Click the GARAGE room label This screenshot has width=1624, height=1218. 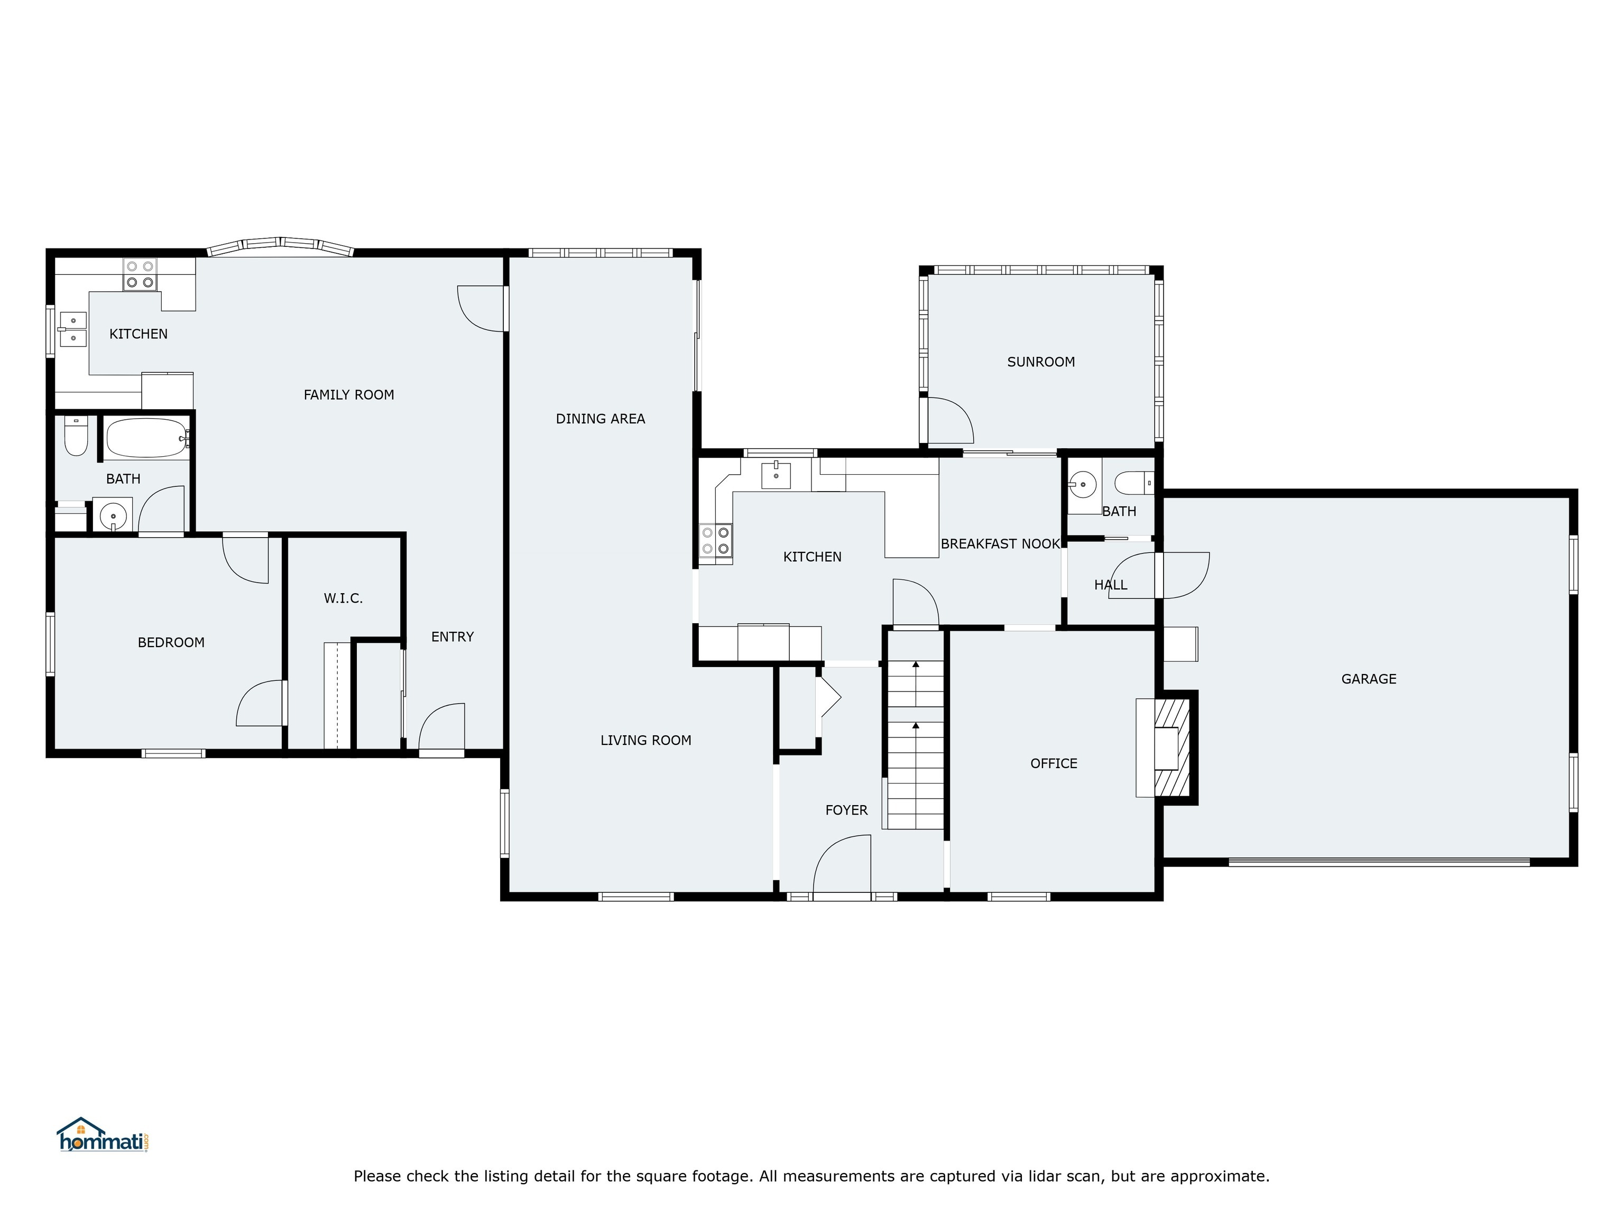[1369, 679]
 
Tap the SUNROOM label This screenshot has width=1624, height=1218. [1040, 362]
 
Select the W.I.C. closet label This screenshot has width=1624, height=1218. [343, 598]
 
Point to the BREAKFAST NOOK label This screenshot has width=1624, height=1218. [1000, 544]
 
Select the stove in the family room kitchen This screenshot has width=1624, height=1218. [140, 274]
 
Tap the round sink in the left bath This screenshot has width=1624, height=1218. [112, 515]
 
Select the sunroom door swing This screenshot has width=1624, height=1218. [951, 421]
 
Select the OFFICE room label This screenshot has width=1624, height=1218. [1053, 763]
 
